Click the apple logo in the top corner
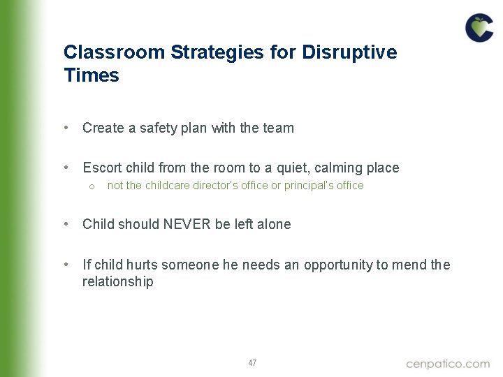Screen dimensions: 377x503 coord(479,28)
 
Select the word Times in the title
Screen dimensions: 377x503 coord(91,75)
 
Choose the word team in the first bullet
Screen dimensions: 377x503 coord(279,128)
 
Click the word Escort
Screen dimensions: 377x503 coord(102,168)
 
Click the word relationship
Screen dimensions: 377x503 coord(117,281)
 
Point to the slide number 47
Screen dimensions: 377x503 coord(252,363)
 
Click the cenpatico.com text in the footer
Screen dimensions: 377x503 coord(448,363)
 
